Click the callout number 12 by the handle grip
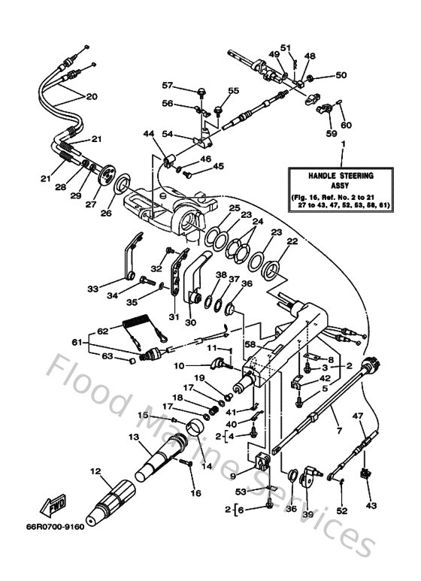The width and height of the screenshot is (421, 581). (x=95, y=472)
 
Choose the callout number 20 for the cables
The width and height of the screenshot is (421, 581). (x=92, y=96)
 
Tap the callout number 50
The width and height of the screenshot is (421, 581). (x=341, y=75)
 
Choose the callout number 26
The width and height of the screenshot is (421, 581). (x=106, y=213)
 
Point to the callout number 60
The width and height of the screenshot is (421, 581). (x=346, y=125)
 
